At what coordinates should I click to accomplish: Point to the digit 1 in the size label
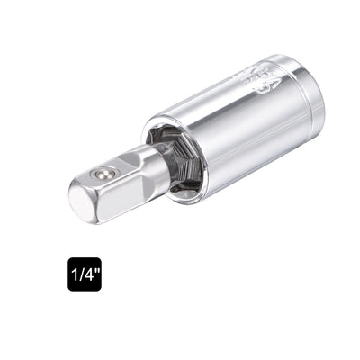point(74,274)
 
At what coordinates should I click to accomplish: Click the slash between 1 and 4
point(81,274)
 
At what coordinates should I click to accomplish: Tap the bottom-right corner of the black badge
point(101,289)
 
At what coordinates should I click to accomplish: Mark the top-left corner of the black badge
point(69,258)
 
